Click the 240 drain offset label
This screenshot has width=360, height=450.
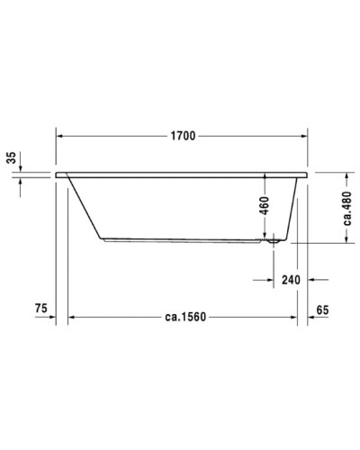pyautogui.click(x=290, y=280)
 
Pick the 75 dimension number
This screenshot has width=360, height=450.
pyautogui.click(x=40, y=309)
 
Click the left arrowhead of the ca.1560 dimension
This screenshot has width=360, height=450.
pyautogui.click(x=72, y=317)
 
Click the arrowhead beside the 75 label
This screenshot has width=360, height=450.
pyautogui.click(x=57, y=317)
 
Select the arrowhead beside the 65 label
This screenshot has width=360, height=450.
pyautogui.click(x=311, y=317)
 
